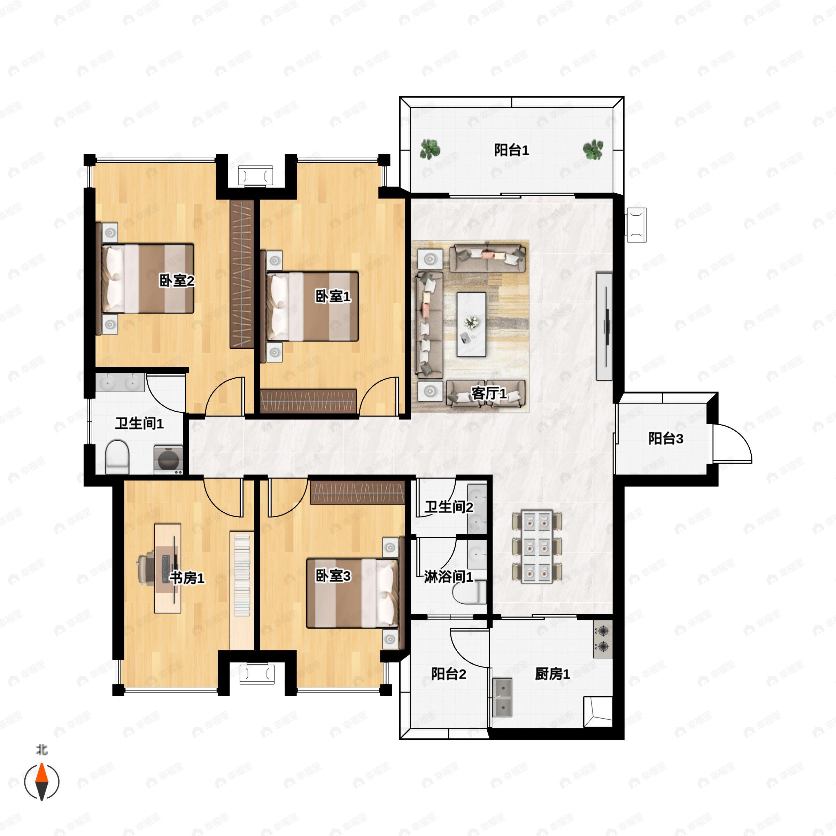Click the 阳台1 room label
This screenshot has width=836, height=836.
pyautogui.click(x=511, y=150)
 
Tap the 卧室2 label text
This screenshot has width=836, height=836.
pyautogui.click(x=177, y=281)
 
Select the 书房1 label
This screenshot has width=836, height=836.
pyautogui.click(x=187, y=578)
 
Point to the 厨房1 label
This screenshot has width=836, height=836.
pyautogui.click(x=552, y=674)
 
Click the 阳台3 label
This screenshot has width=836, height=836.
pyautogui.click(x=666, y=438)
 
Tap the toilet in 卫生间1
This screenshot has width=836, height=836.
pyautogui.click(x=117, y=457)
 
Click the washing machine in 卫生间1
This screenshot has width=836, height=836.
pyautogui.click(x=168, y=459)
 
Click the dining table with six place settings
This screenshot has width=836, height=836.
pyautogui.click(x=536, y=547)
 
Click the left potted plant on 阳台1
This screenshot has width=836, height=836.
pyautogui.click(x=430, y=150)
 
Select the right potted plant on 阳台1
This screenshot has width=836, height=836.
pyautogui.click(x=593, y=150)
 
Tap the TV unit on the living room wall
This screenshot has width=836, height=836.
pyautogui.click(x=604, y=327)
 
